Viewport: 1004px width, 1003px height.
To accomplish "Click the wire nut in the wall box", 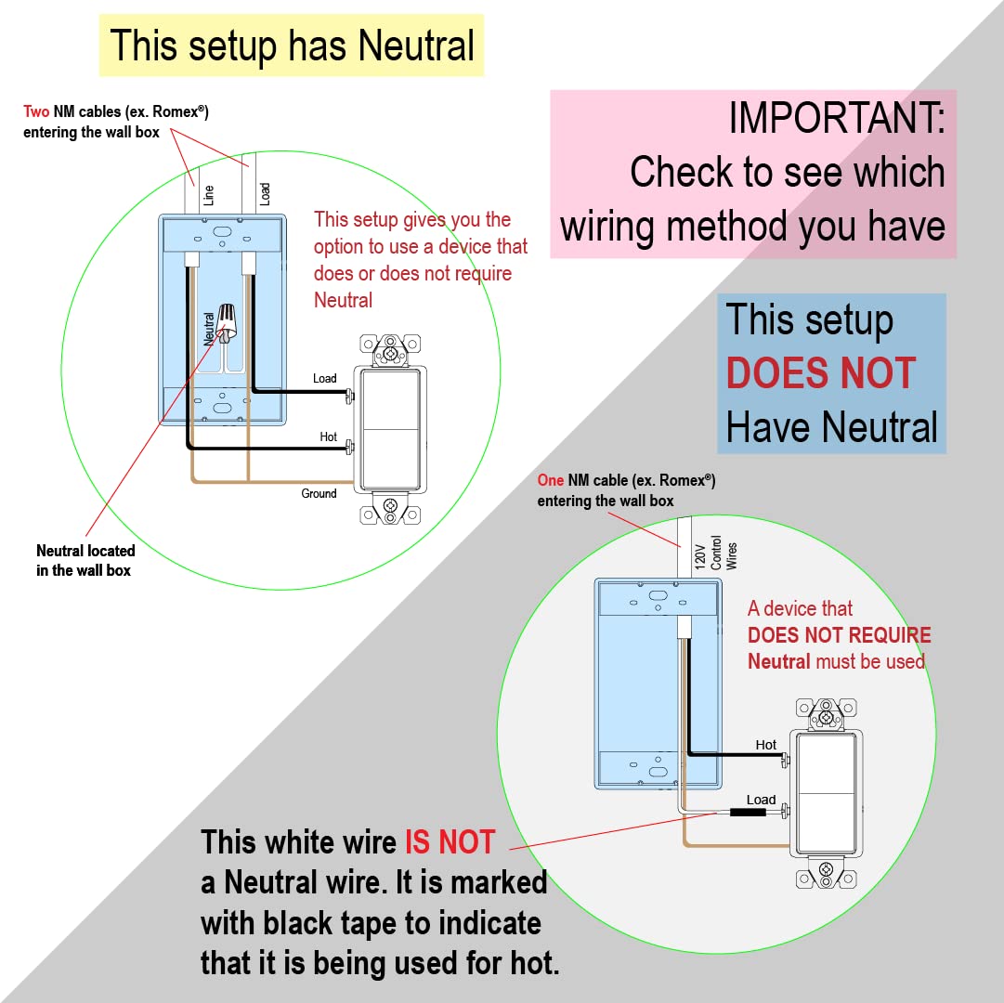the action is point(228,322).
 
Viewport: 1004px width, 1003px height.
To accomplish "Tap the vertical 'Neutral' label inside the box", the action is point(209,329).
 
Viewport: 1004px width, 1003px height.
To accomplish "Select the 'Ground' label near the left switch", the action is point(319,493).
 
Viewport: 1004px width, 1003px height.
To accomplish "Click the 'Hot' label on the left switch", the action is point(329,436).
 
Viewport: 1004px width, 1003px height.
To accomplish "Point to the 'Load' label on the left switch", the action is point(325,378).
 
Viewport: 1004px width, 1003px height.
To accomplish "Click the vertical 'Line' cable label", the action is point(209,195).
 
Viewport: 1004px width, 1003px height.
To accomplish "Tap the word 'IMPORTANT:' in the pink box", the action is point(837,118).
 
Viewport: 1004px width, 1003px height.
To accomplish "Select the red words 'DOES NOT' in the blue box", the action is point(821,373).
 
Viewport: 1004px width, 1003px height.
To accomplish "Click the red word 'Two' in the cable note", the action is point(36,111).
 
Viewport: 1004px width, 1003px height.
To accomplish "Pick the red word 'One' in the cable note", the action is point(550,480).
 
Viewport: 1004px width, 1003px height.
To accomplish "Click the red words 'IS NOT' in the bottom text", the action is point(450,841).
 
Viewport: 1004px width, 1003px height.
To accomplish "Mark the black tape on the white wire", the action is point(748,813).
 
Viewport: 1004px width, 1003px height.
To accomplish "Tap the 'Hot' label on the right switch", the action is point(766,745).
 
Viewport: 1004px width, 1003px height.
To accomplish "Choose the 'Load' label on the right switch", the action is point(761,800).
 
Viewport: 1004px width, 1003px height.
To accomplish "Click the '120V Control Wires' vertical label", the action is point(716,553).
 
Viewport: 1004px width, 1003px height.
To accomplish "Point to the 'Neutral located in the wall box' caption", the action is point(85,560).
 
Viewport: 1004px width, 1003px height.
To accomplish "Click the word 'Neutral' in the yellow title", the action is point(416,46).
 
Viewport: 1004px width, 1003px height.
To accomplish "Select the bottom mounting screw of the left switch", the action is point(390,506).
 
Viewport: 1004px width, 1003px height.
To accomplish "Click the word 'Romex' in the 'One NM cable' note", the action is point(683,480).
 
